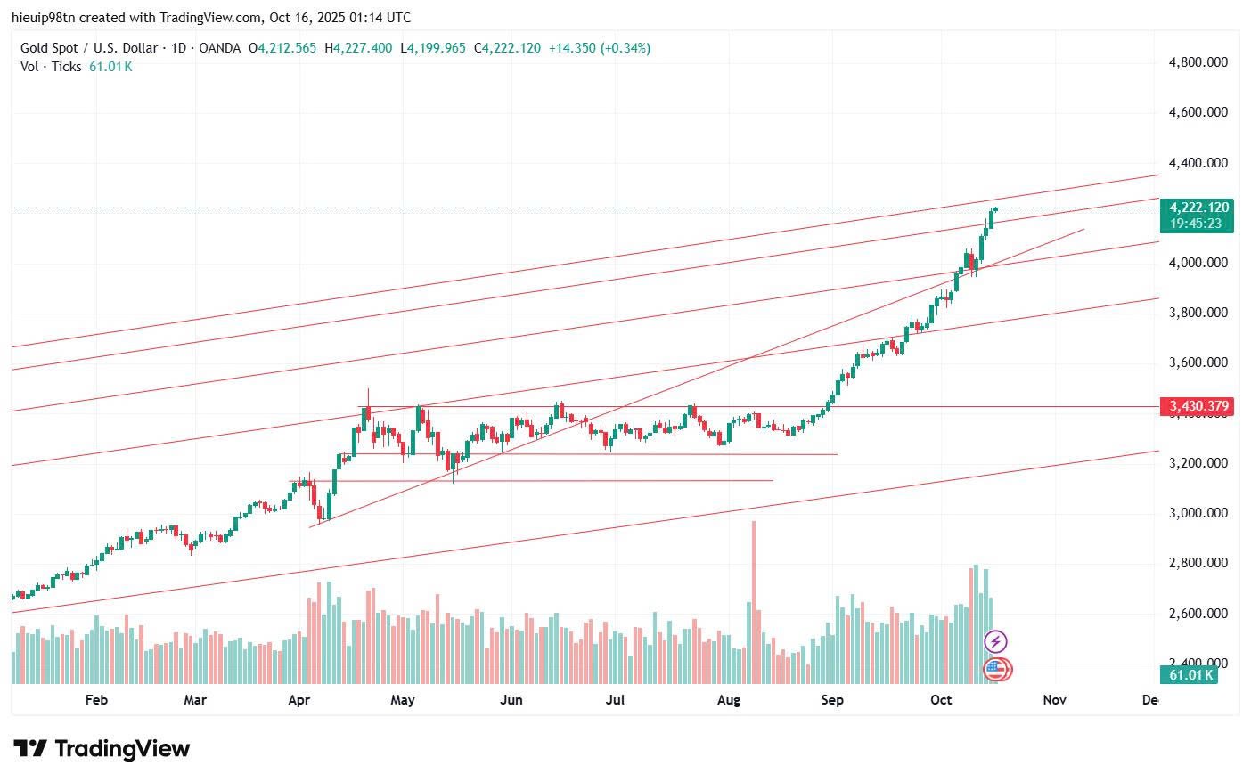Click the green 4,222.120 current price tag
1199,208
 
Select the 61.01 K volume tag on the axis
1190,675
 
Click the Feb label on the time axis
96,700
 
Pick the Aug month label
729,700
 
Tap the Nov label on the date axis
1054,700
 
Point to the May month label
403,700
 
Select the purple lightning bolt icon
995,641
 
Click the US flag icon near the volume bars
995,668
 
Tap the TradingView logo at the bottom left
102,749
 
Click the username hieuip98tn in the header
44,18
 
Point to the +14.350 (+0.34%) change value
599,48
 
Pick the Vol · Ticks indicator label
51,67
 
